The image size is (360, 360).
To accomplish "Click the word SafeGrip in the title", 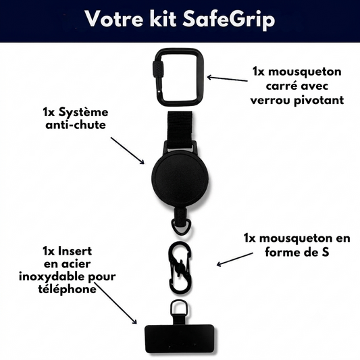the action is [x=229, y=20].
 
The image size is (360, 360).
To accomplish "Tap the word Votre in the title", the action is [x=114, y=19].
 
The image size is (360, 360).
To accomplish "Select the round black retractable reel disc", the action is [x=180, y=180].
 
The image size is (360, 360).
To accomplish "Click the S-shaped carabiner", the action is [x=180, y=268].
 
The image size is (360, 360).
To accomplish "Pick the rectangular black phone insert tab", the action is [x=180, y=338].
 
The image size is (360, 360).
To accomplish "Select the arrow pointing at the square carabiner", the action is [x=227, y=79].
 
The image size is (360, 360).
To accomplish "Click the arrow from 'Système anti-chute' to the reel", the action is [x=128, y=151].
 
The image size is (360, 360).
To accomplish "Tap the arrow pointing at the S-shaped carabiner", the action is [x=235, y=259].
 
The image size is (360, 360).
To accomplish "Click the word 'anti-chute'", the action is [x=76, y=126].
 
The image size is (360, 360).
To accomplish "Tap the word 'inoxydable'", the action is [x=53, y=277].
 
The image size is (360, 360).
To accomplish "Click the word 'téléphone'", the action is [x=67, y=289].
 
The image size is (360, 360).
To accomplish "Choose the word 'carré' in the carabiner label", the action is [x=280, y=86].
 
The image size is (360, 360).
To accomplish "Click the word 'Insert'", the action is [x=75, y=251].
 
